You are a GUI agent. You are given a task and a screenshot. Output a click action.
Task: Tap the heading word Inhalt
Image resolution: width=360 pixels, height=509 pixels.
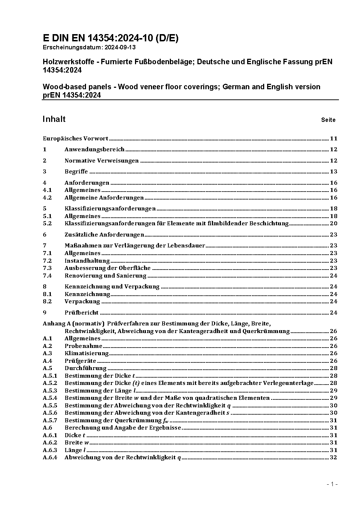pyautogui.click(x=54, y=119)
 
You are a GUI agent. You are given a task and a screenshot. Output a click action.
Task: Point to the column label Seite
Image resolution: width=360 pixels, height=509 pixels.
pyautogui.click(x=328, y=120)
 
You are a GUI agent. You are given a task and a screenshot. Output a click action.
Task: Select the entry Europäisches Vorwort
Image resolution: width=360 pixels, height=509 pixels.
pyautogui.click(x=75, y=139)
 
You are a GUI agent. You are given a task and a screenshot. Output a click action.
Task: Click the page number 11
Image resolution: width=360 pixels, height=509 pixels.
pyautogui.click(x=334, y=139)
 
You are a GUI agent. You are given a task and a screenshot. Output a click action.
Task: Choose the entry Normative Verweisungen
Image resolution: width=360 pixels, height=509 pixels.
pyautogui.click(x=101, y=161)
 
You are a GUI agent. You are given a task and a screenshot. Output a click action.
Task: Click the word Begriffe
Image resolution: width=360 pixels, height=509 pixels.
pyautogui.click(x=76, y=172)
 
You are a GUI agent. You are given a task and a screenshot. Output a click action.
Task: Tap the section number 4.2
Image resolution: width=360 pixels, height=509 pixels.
pyautogui.click(x=47, y=198)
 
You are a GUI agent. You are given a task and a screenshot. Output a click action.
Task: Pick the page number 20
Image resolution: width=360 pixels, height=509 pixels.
pyautogui.click(x=334, y=223)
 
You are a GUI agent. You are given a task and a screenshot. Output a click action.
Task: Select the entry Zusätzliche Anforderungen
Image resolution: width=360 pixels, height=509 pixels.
pyautogui.click(x=104, y=235)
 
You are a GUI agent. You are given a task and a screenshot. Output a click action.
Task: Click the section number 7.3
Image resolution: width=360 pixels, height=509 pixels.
pyautogui.click(x=47, y=268)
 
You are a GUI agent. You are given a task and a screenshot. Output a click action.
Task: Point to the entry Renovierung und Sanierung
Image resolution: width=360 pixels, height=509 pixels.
pyautogui.click(x=100, y=276)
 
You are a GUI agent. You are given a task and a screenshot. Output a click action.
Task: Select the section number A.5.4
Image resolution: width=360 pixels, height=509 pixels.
pyautogui.click(x=50, y=398)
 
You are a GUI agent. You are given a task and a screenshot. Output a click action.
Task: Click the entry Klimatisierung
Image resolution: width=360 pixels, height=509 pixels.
pyautogui.click(x=86, y=353)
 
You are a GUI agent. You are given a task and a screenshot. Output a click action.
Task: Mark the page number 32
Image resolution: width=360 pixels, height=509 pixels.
pyautogui.click(x=334, y=457)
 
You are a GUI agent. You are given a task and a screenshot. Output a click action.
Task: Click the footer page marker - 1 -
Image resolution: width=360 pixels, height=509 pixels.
pyautogui.click(x=332, y=484)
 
